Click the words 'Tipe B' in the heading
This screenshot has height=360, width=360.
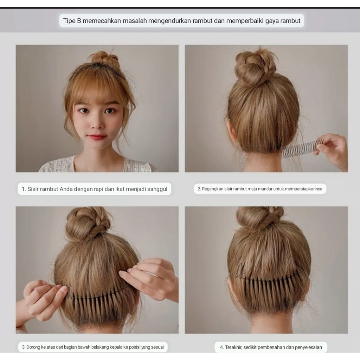(x=72, y=21)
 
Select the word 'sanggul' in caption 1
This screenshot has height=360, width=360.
(x=157, y=189)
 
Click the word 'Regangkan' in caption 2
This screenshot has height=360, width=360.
(x=212, y=189)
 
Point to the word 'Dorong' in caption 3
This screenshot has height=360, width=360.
(x=33, y=347)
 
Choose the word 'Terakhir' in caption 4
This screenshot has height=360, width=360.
(x=233, y=347)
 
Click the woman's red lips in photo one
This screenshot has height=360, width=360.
(x=97, y=137)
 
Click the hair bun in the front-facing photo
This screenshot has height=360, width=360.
(x=104, y=59)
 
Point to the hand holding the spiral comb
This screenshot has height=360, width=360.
(x=332, y=150)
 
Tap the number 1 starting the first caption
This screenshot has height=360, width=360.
(x=23, y=189)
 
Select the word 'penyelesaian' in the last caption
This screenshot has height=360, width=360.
(x=308, y=347)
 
